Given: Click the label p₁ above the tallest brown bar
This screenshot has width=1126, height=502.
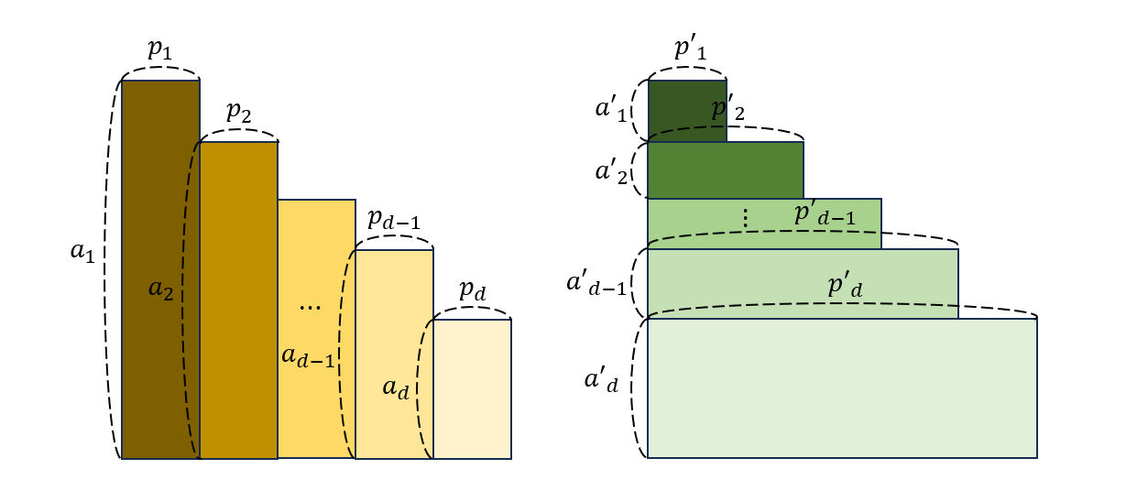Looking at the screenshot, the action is tap(159, 49).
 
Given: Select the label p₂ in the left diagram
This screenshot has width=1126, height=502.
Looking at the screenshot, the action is tap(239, 111).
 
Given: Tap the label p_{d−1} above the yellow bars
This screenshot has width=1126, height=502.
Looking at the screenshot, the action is tap(394, 219).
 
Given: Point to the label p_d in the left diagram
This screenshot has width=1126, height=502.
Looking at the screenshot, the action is tap(473, 290).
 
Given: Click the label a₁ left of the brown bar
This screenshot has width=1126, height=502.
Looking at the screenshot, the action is tap(82, 251).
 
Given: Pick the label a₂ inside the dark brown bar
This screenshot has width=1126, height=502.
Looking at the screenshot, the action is tap(161, 289).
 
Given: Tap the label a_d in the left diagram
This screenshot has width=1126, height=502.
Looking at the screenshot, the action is tap(396, 387).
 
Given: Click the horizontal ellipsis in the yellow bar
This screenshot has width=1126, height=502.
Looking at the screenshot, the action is tap(310, 307).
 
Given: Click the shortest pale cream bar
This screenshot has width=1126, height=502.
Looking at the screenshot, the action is tap(473, 389).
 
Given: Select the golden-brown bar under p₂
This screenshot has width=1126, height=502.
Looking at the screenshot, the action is tap(239, 300).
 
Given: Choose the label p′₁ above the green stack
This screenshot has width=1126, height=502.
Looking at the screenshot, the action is tap(690, 49).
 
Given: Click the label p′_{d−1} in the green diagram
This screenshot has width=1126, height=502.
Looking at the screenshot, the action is tap(825, 214).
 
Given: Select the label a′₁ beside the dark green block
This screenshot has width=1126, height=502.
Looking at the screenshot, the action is tap(611, 110).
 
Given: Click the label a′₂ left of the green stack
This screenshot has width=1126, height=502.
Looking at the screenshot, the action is tap(611, 172).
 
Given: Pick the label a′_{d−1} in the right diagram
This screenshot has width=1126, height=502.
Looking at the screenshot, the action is tap(596, 284).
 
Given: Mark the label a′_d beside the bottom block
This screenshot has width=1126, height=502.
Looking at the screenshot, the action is tap(601, 380).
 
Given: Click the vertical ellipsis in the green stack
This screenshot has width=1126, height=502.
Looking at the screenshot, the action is tap(746, 218).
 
